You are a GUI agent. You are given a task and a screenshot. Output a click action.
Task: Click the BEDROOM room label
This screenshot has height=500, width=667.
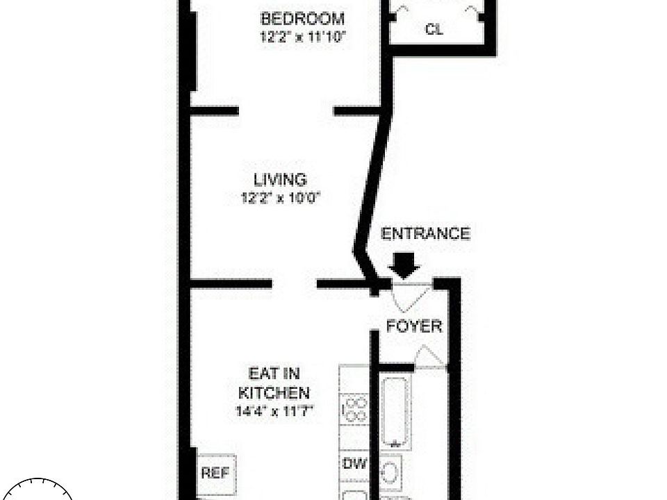pyautogui.click(x=302, y=19)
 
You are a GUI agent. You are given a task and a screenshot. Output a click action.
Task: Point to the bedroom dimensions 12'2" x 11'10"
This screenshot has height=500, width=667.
pyautogui.click(x=302, y=37)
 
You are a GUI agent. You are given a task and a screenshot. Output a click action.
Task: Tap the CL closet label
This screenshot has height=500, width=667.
pyautogui.click(x=434, y=29)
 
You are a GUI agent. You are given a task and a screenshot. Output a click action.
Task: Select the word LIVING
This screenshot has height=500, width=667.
pyautogui.click(x=280, y=180)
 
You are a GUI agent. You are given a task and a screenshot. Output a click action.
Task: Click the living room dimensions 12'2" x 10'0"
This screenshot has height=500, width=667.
pyautogui.click(x=280, y=198)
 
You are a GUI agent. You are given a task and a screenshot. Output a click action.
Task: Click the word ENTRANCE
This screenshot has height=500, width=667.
pyautogui.click(x=425, y=233)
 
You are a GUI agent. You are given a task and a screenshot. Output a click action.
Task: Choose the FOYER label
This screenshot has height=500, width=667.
pyautogui.click(x=414, y=326)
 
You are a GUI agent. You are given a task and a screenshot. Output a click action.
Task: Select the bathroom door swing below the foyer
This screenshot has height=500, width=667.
pyautogui.click(x=429, y=356)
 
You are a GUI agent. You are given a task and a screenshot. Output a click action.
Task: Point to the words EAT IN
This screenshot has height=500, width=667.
pyautogui.click(x=274, y=374)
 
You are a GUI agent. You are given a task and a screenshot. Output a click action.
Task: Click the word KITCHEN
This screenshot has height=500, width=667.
pyautogui.click(x=274, y=392)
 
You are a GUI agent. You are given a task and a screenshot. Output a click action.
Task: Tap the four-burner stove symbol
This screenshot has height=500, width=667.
pyautogui.click(x=355, y=409)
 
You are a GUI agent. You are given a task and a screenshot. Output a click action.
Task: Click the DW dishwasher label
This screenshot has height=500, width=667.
pyautogui.click(x=354, y=463)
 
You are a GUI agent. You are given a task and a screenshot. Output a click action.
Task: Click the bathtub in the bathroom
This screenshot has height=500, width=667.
pyautogui.click(x=395, y=412)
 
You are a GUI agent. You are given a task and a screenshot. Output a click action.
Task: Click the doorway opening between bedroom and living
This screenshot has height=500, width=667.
pyautogui.click(x=286, y=111)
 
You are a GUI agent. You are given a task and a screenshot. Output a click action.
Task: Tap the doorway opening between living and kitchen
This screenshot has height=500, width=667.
pyautogui.click(x=295, y=283)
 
